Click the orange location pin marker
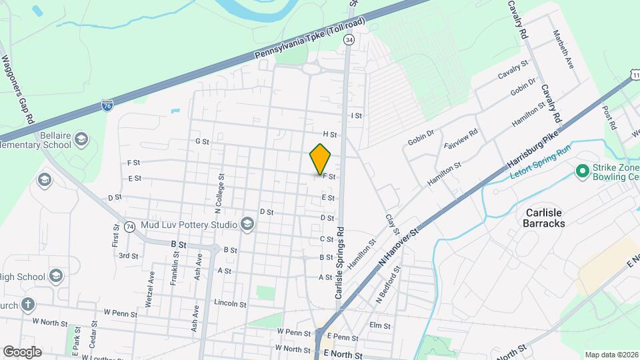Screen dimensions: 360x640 pyautogui.click(x=321, y=159)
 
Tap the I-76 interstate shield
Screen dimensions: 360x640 pyautogui.click(x=107, y=105)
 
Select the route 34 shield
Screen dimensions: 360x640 pyautogui.click(x=349, y=40)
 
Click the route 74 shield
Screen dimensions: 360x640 pyautogui.click(x=130, y=227)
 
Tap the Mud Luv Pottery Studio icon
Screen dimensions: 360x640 pyautogui.click(x=248, y=223)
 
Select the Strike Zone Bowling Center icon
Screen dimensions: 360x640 pyautogui.click(x=582, y=172)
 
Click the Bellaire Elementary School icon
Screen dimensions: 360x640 pyautogui.click(x=82, y=139)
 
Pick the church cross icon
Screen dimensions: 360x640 pyautogui.click(x=27, y=305)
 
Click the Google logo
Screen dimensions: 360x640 pyautogui.click(x=22, y=351)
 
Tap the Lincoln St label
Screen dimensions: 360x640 pyautogui.click(x=230, y=303)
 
